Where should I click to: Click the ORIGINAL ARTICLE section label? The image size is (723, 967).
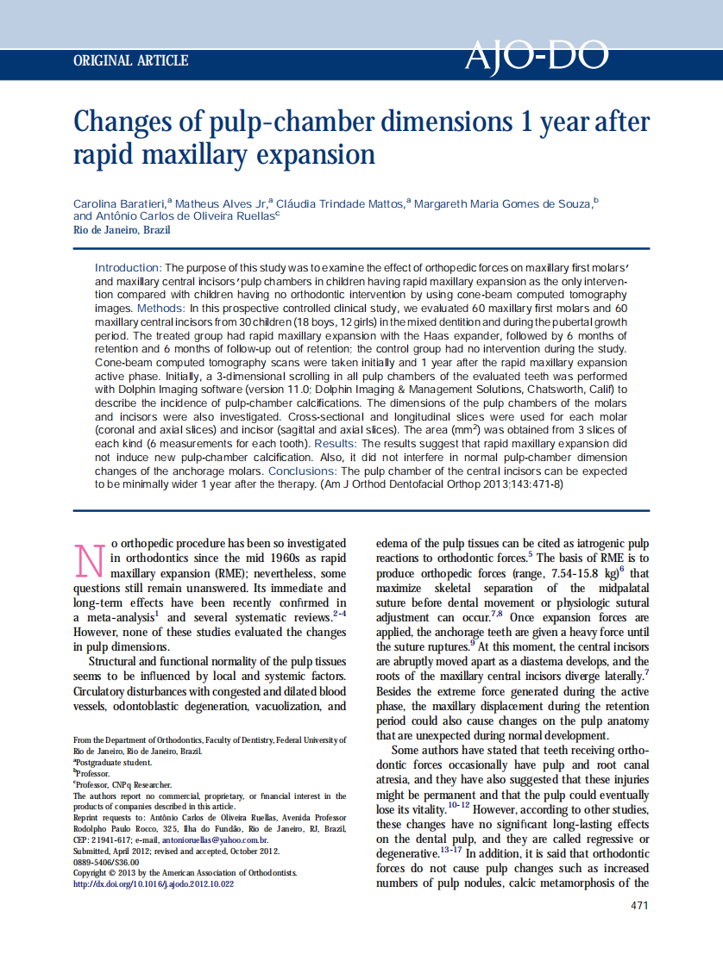pyautogui.click(x=131, y=60)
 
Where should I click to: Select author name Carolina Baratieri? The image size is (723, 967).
pyautogui.click(x=119, y=203)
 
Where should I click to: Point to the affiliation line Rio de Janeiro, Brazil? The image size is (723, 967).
pyautogui.click(x=122, y=230)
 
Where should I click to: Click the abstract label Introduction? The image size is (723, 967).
pyautogui.click(x=128, y=269)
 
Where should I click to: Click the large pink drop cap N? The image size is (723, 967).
pyautogui.click(x=91, y=559)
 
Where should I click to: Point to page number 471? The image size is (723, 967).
pyautogui.click(x=638, y=905)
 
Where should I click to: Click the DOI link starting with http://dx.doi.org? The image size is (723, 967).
pyautogui.click(x=154, y=884)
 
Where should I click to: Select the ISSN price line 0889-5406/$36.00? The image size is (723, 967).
pyautogui.click(x=106, y=862)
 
